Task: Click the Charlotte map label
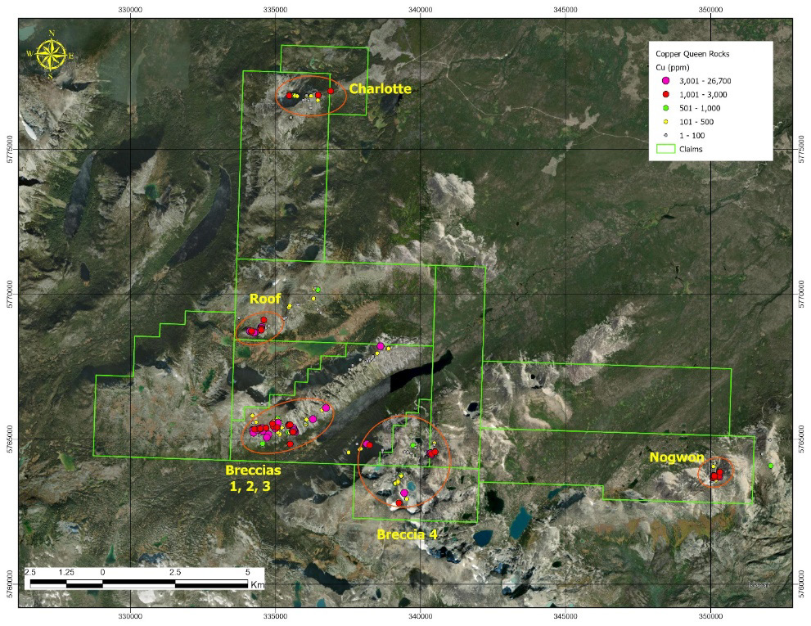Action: pyautogui.click(x=380, y=88)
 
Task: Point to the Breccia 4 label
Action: pyautogui.click(x=407, y=534)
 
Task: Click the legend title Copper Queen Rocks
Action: pyautogui.click(x=692, y=53)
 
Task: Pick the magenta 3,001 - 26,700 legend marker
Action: pyautogui.click(x=665, y=80)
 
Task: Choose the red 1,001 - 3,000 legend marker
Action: pyautogui.click(x=665, y=95)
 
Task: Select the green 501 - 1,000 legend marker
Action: pyautogui.click(x=665, y=108)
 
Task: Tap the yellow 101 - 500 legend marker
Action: pyautogui.click(x=665, y=122)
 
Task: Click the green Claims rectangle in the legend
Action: pyautogui.click(x=665, y=149)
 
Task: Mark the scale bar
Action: pyautogui.click(x=138, y=583)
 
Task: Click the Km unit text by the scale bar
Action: pyautogui.click(x=258, y=585)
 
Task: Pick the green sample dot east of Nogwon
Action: pyautogui.click(x=770, y=466)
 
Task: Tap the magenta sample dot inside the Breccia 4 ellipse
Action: pyautogui.click(x=404, y=493)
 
